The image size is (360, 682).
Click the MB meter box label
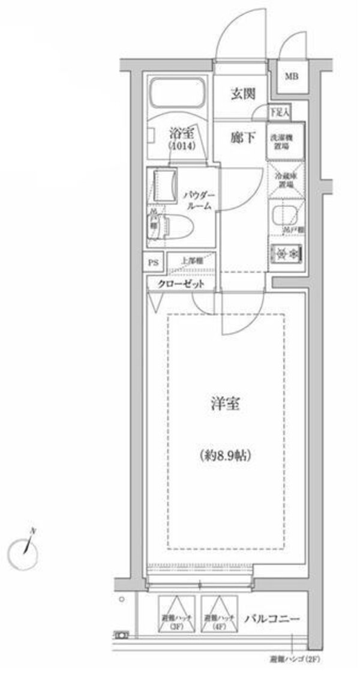[x=292, y=76]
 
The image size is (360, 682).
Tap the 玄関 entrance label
[x=244, y=94]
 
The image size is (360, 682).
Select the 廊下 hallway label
[x=244, y=137]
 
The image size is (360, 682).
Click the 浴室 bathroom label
[x=179, y=133]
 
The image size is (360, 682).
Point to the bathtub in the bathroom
[x=177, y=94]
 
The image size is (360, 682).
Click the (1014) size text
[x=179, y=146]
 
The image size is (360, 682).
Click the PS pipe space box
[x=154, y=262]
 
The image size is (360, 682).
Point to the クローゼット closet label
[x=182, y=283]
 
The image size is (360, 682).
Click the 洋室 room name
[x=226, y=404]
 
